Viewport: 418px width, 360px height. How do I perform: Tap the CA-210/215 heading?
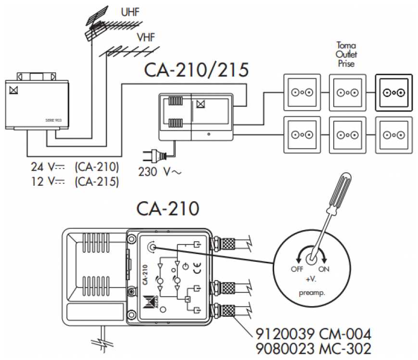tap(196, 70)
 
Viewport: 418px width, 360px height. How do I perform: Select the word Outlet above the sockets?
tap(346, 54)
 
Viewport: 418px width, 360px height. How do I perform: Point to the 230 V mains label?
tap(156, 171)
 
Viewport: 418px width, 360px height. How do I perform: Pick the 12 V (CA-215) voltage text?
tap(75, 181)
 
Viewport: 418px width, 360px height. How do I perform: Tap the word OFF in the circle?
tap(297, 269)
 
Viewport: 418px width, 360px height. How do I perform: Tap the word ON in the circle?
tap(324, 269)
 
